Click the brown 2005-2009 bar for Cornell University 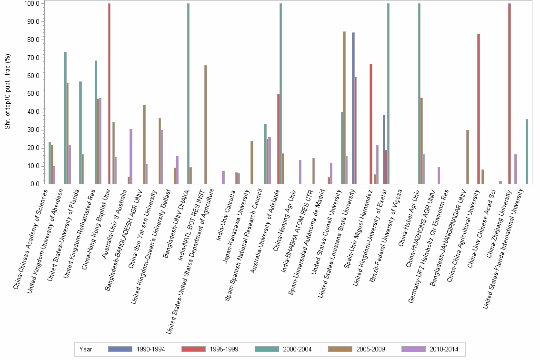(344, 108)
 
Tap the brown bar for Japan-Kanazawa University (252, 162)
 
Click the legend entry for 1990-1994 (137, 349)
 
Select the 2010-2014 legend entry (430, 349)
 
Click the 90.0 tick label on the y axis (35, 21)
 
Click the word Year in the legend (86, 349)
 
